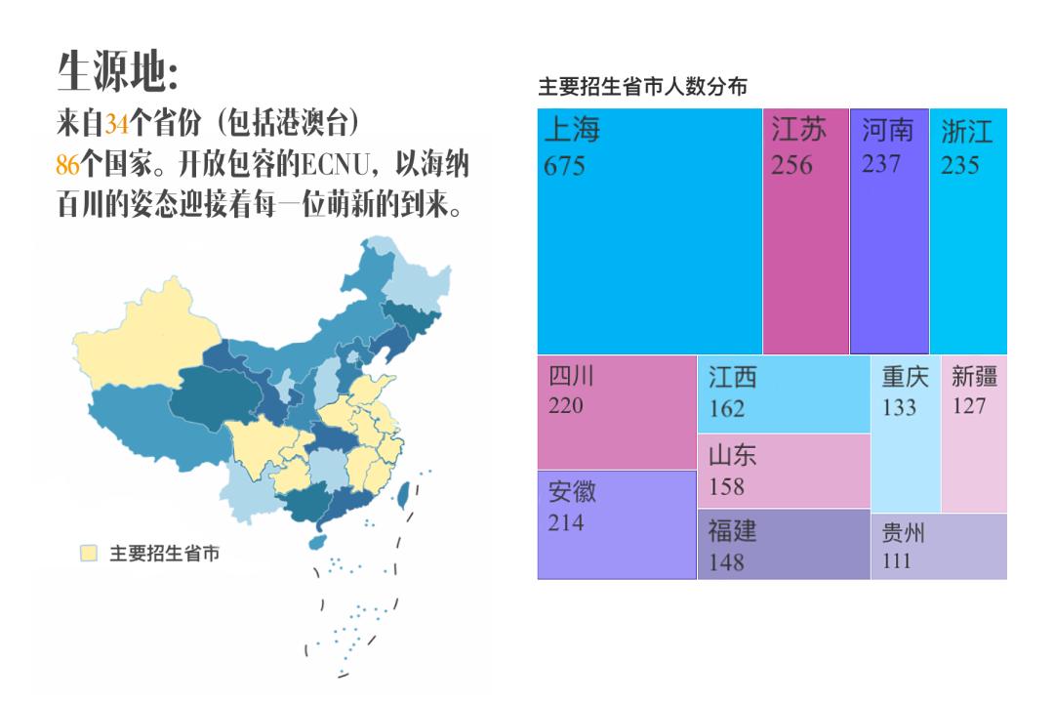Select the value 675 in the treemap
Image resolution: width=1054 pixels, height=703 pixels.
tap(565, 166)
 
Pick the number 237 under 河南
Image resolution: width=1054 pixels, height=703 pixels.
tap(881, 164)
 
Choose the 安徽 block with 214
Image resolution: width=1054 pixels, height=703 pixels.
tap(617, 525)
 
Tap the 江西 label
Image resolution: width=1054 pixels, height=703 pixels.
tap(732, 379)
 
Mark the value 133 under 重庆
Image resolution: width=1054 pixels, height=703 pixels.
tap(900, 407)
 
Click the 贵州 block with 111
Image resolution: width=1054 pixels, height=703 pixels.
tap(938, 547)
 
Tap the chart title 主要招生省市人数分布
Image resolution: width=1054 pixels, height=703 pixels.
tap(643, 87)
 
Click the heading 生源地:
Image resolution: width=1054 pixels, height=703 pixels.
tap(118, 70)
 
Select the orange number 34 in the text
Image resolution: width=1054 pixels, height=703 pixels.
tap(117, 124)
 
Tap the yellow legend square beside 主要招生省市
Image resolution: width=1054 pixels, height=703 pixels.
tap(89, 554)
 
